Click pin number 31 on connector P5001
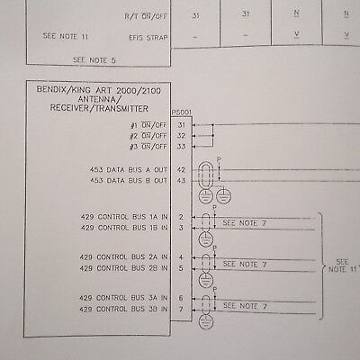coord(181,125)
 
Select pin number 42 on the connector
coord(181,170)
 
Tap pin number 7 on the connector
coord(181,309)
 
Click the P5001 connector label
coord(182,112)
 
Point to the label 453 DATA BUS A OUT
coord(129,170)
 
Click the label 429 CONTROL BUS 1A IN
coord(124,217)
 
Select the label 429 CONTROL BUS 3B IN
coord(123,309)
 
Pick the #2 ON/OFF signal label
coord(148,136)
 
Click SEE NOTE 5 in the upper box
coord(94,60)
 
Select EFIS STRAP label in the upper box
coord(148,38)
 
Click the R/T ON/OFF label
coord(146,16)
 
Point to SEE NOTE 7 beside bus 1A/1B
coord(244,223)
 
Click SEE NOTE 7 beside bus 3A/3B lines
coord(245,306)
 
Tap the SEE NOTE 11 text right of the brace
coord(343,265)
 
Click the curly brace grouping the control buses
coord(321,266)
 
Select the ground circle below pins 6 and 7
coord(206,322)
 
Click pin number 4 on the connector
coord(181,257)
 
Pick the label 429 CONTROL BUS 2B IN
coord(123,268)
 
